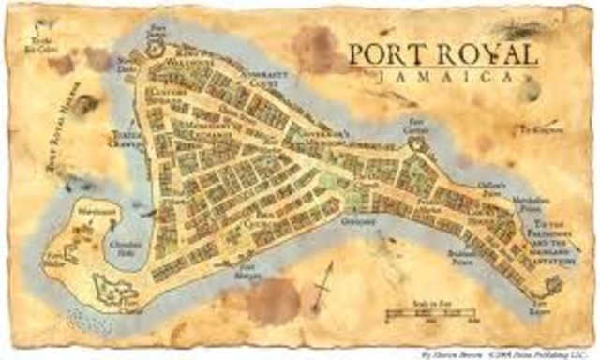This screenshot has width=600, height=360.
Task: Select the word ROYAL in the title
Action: tap(481, 54)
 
